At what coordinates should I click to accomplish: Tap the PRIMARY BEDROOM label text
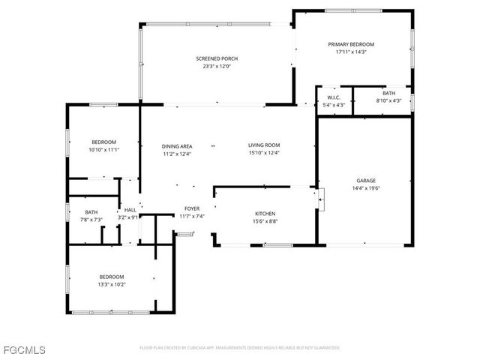pyautogui.click(x=350, y=44)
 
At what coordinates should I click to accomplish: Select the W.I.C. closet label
pyautogui.click(x=334, y=97)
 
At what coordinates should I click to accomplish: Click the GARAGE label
pyautogui.click(x=365, y=181)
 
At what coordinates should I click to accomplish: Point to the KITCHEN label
pyautogui.click(x=265, y=214)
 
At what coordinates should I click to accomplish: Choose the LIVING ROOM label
pyautogui.click(x=264, y=145)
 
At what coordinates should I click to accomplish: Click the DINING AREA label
pyautogui.click(x=177, y=145)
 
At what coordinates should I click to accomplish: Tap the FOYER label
pyautogui.click(x=192, y=208)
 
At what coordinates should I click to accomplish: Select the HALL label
pyautogui.click(x=130, y=210)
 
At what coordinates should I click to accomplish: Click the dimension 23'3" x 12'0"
pyautogui.click(x=216, y=66)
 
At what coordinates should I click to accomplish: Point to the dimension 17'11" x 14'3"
pyautogui.click(x=350, y=52)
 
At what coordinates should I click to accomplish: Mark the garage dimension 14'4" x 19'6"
pyautogui.click(x=365, y=188)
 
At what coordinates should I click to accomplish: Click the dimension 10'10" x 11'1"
pyautogui.click(x=103, y=149)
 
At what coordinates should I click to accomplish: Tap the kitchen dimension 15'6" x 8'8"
pyautogui.click(x=265, y=221)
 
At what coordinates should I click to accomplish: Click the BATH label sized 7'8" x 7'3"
pyautogui.click(x=91, y=212)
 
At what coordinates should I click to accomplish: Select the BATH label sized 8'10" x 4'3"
pyautogui.click(x=388, y=93)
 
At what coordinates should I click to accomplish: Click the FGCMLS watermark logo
pyautogui.click(x=24, y=350)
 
